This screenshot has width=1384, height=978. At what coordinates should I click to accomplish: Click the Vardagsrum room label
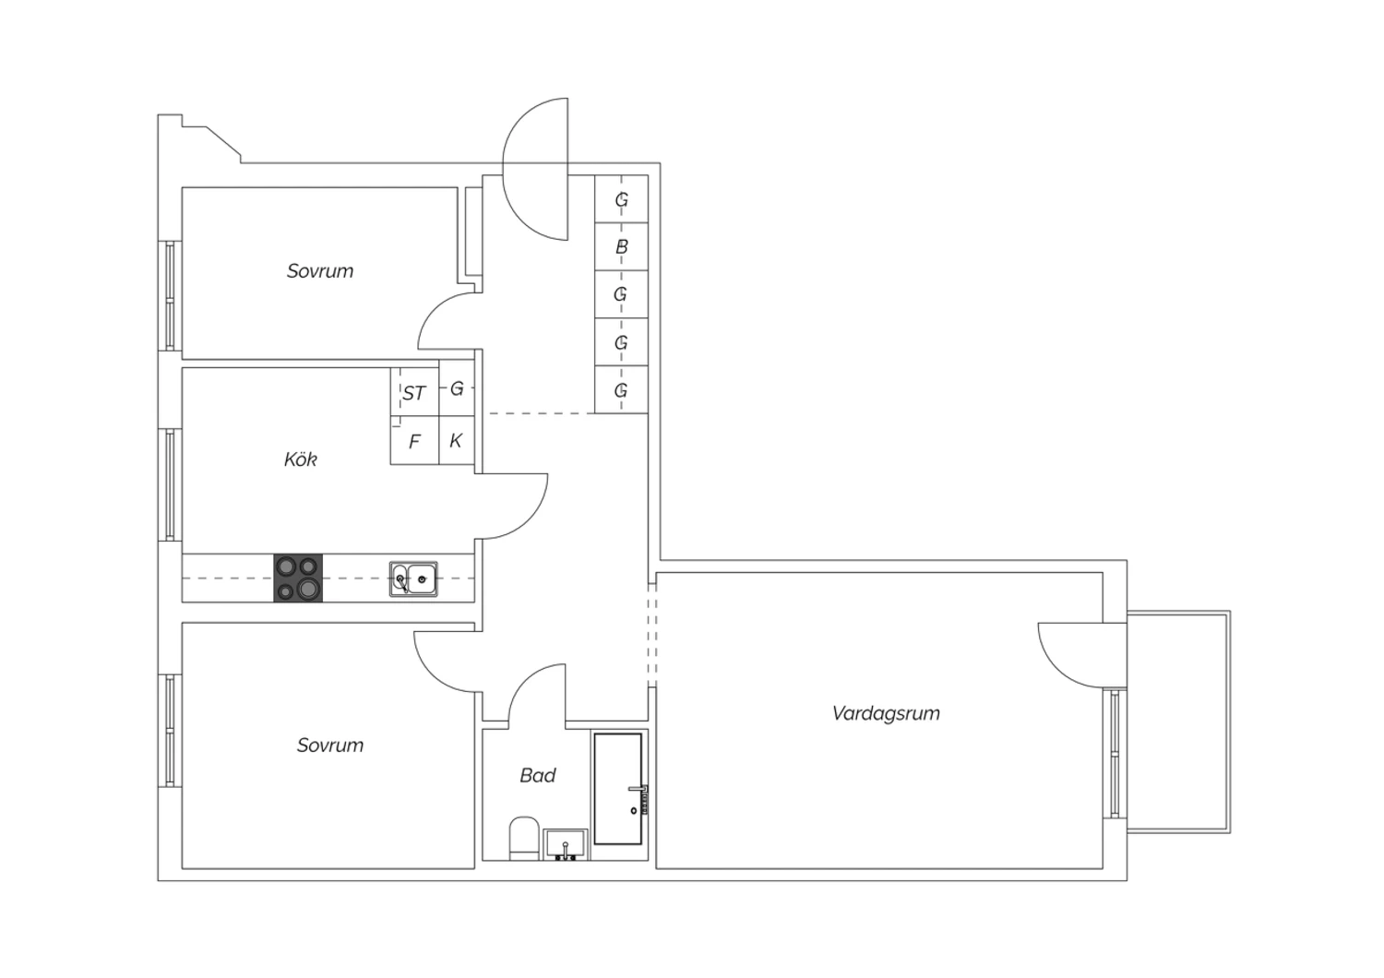point(886,713)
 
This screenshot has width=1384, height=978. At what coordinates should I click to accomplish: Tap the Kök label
point(300,459)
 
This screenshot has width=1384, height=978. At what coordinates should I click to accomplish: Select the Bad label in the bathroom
point(538,775)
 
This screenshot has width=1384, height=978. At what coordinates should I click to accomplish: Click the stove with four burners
point(298,578)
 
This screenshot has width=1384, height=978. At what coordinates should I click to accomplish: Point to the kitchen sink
point(413,578)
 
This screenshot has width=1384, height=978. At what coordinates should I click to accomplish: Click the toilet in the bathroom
point(524,839)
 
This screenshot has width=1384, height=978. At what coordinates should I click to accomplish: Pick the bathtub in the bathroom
point(618,788)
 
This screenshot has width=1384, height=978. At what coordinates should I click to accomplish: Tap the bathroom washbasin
point(566,844)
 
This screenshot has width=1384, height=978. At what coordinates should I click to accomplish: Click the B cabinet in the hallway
point(622,246)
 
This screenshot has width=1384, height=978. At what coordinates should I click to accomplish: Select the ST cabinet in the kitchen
point(414,392)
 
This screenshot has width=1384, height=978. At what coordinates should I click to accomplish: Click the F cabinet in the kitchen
point(414,440)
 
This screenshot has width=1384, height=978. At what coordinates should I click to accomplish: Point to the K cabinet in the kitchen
point(457,440)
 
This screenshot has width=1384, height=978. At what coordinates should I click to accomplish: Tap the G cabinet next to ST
point(457,388)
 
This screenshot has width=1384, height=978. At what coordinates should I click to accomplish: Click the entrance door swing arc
point(513,204)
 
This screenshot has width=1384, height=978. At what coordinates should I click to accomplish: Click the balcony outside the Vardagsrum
point(1178,722)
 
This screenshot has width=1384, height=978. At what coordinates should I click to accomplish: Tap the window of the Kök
point(170,485)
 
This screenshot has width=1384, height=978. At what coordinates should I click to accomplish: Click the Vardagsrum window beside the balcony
point(1115,754)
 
